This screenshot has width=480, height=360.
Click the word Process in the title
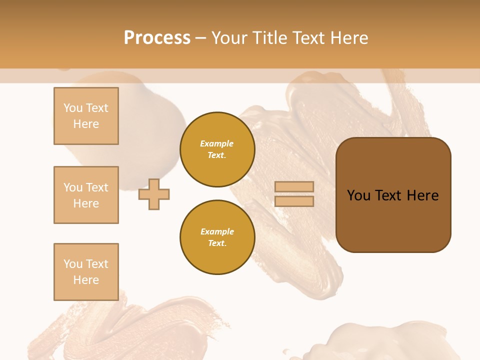point(157,37)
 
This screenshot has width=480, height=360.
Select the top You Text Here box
point(86,116)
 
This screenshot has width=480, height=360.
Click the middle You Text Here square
point(86,195)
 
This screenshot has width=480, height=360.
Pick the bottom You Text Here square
point(86,272)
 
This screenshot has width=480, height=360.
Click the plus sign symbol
point(154,194)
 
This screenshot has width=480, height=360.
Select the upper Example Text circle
point(217,149)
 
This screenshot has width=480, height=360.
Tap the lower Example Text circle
point(217,237)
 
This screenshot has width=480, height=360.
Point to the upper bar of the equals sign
point(294,187)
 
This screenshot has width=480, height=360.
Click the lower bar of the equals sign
point(294,201)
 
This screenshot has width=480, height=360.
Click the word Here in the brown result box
point(422,195)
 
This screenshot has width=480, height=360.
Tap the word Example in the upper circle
point(217,143)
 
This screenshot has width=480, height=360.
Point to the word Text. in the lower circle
point(217,243)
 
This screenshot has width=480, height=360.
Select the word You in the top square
point(73,108)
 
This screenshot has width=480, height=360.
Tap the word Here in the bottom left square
point(86,280)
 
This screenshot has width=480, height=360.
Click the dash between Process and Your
point(200,38)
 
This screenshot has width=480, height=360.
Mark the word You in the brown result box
point(359,195)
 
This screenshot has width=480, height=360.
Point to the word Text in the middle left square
point(96,187)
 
